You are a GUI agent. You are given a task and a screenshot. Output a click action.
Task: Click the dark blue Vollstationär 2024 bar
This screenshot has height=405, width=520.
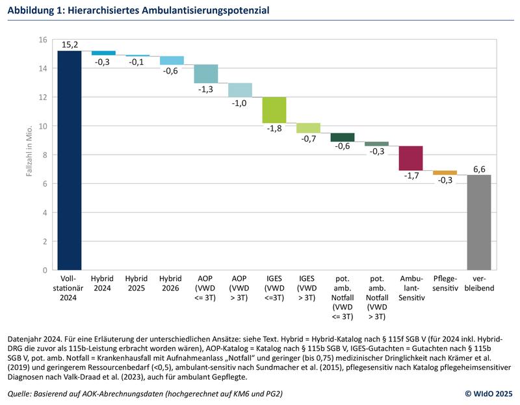(x=69, y=160)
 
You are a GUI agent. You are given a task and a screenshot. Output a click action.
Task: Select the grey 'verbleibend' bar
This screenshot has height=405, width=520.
(x=479, y=222)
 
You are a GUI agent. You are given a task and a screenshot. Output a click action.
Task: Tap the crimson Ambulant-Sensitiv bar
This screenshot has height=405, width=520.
(x=411, y=158)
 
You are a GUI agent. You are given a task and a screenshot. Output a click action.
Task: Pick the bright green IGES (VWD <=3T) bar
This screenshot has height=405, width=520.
(x=274, y=110)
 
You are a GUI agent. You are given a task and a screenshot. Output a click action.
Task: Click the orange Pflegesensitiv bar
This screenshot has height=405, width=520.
(x=445, y=172)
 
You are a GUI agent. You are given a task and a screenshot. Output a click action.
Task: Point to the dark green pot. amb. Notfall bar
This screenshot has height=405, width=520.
(x=343, y=137)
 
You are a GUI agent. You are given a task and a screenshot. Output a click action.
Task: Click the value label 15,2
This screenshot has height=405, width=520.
(x=70, y=44)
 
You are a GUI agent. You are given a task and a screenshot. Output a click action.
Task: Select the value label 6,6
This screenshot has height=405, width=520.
(x=479, y=168)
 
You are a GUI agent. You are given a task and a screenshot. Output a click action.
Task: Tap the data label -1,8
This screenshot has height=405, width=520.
(x=274, y=129)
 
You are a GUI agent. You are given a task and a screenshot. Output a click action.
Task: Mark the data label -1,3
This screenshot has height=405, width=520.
(x=206, y=89)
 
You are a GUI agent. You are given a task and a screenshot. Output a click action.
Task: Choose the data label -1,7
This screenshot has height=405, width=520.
(x=411, y=176)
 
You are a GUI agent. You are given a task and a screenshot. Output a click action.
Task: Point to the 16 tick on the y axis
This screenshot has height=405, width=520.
(x=43, y=40)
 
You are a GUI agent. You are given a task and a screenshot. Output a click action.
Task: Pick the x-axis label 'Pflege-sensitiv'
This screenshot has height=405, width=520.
(x=445, y=283)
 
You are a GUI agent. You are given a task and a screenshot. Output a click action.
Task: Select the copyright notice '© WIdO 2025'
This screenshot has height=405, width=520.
(x=489, y=394)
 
